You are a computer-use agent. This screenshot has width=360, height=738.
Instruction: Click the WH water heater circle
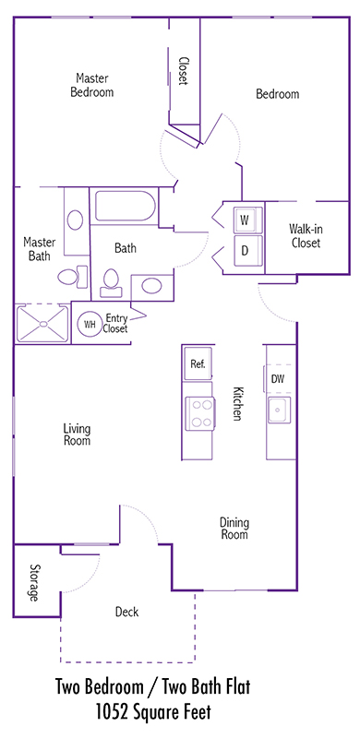(90, 324)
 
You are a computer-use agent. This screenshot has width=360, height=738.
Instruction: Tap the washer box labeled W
(245, 220)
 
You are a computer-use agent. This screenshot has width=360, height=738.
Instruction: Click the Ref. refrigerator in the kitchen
(198, 363)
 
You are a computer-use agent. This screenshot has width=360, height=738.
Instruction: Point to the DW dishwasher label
(278, 378)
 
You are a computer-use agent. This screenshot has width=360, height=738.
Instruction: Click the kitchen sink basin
(280, 410)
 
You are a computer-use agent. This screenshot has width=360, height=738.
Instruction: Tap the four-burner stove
(200, 412)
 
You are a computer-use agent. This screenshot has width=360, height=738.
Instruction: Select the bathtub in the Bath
(126, 206)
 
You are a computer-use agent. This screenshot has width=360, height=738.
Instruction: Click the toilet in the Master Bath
(73, 276)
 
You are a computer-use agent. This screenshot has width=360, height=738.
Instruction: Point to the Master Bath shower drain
(43, 324)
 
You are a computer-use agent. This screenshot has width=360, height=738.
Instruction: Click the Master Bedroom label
(92, 85)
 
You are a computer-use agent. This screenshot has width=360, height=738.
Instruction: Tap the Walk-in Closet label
(306, 236)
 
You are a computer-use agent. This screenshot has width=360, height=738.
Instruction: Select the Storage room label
(34, 582)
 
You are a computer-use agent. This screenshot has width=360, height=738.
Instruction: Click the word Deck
(126, 612)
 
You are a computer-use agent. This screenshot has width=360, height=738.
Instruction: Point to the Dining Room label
(234, 529)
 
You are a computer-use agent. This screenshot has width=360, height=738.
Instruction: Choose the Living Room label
(77, 434)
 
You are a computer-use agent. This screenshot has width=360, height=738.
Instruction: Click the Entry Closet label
(116, 324)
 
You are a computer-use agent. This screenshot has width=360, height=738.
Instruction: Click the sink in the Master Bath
(75, 220)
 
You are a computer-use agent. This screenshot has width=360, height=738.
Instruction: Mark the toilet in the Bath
(111, 283)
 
